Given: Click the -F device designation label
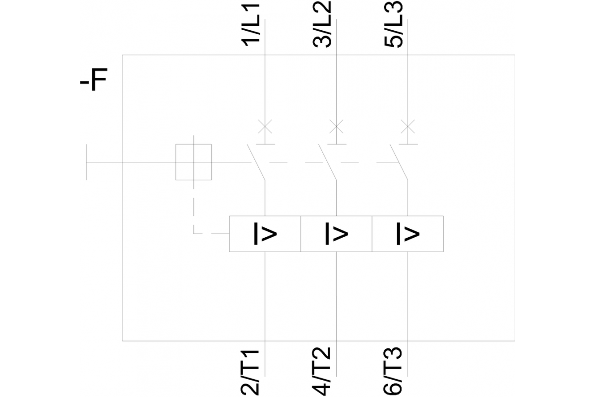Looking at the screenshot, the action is (94, 79).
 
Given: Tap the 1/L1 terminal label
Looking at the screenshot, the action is (250, 25).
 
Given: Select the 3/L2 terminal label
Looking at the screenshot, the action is (322, 24).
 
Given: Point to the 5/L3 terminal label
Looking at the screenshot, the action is (393, 24).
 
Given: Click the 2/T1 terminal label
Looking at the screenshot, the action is (250, 372).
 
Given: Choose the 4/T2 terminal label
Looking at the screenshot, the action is (321, 372).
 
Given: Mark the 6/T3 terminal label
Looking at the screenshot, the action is (393, 372).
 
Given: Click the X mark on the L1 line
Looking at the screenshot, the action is (265, 127).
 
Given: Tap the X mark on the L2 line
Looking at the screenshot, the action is (336, 127).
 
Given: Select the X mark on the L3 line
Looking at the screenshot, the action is (408, 127).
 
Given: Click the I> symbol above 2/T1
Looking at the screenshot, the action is (265, 234).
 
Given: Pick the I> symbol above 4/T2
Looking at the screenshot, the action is (337, 234).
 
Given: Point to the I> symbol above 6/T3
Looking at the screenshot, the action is (408, 234).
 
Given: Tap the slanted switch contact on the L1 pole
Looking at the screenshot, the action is (256, 162).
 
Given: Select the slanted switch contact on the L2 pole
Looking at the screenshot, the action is (328, 162).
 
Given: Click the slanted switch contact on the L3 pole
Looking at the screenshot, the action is (399, 162).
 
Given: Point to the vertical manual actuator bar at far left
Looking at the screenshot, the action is (86, 162).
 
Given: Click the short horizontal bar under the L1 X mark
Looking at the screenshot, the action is (265, 144).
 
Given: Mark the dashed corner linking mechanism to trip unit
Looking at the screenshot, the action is (194, 234).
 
